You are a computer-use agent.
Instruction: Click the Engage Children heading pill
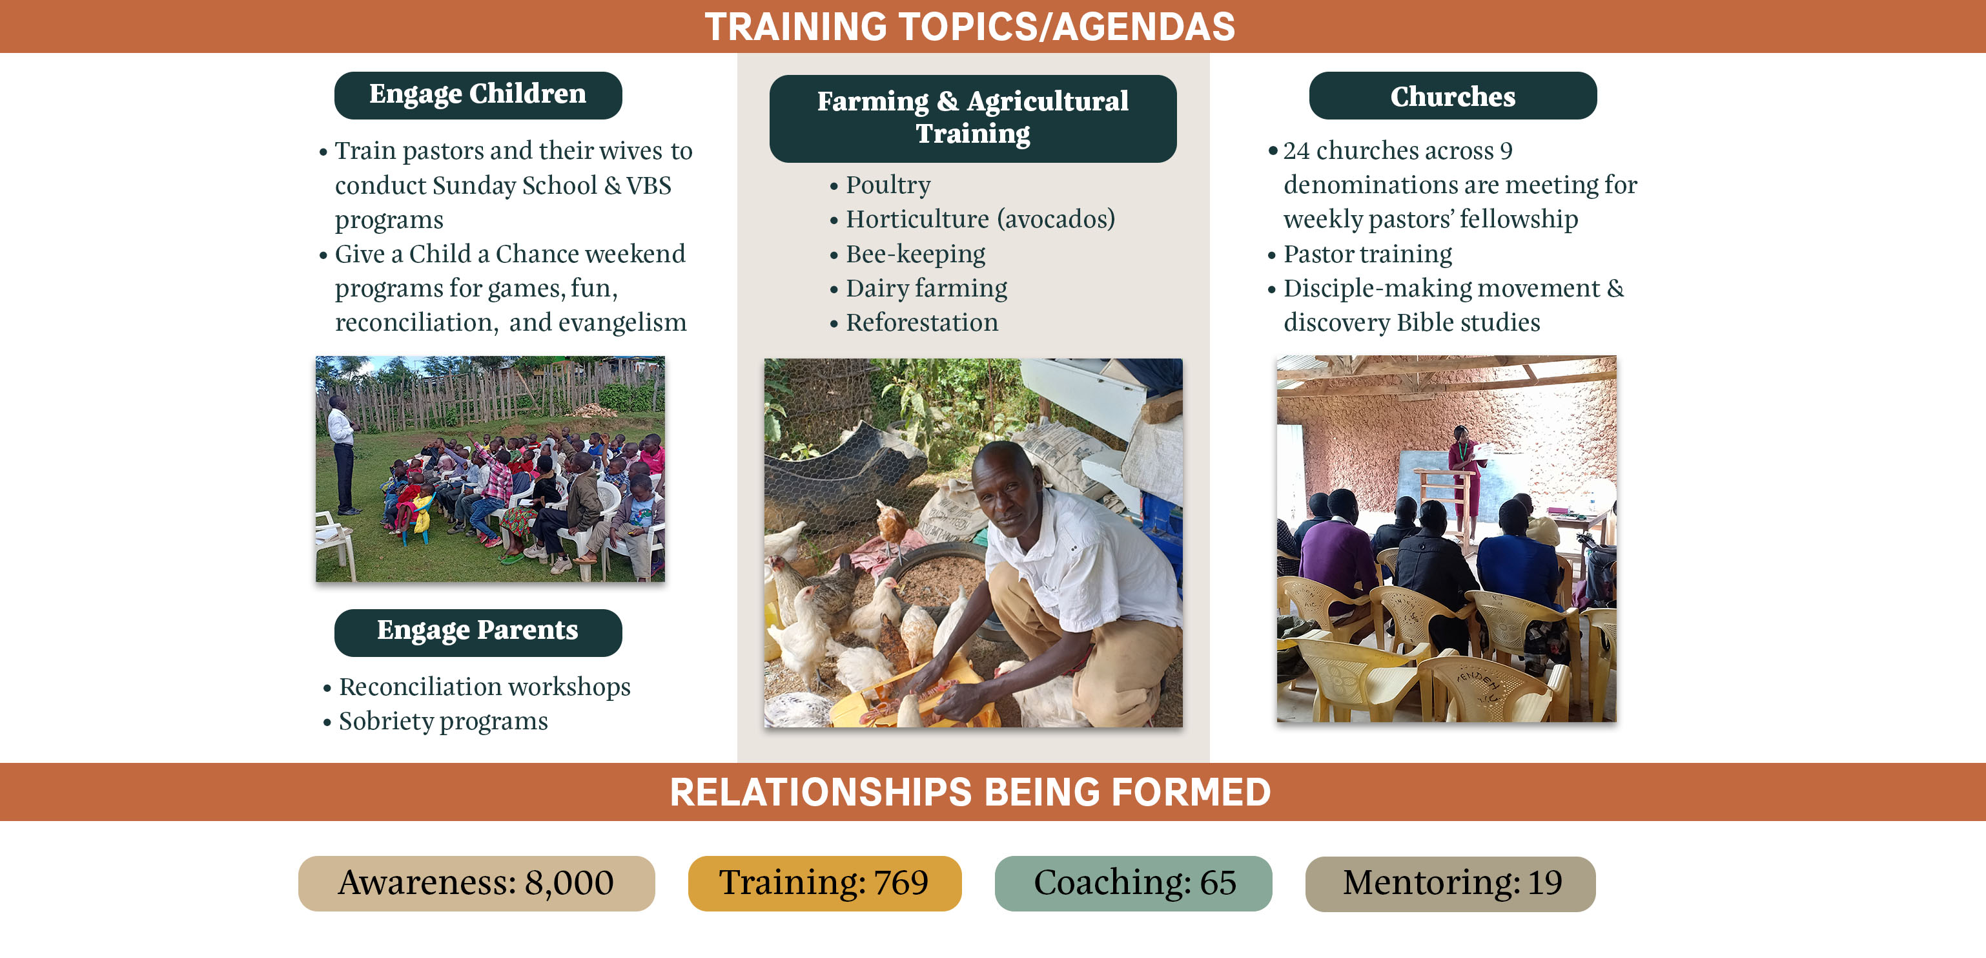(x=478, y=95)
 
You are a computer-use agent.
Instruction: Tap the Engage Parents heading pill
(x=478, y=632)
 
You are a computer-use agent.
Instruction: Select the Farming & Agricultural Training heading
(x=973, y=118)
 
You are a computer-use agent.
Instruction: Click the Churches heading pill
(x=1453, y=96)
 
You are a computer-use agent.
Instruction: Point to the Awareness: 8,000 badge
(x=476, y=883)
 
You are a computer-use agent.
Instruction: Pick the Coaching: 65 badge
(x=1133, y=883)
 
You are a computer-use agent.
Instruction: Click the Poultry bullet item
(x=881, y=185)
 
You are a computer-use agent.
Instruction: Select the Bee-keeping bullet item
(x=907, y=254)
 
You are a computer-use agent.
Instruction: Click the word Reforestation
(x=922, y=322)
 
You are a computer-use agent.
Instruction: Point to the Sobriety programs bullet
(x=436, y=721)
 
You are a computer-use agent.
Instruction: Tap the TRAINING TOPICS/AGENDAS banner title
(x=970, y=26)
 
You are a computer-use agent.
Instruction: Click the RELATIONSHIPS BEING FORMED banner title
(x=970, y=792)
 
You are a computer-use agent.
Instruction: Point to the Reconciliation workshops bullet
(x=476, y=687)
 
